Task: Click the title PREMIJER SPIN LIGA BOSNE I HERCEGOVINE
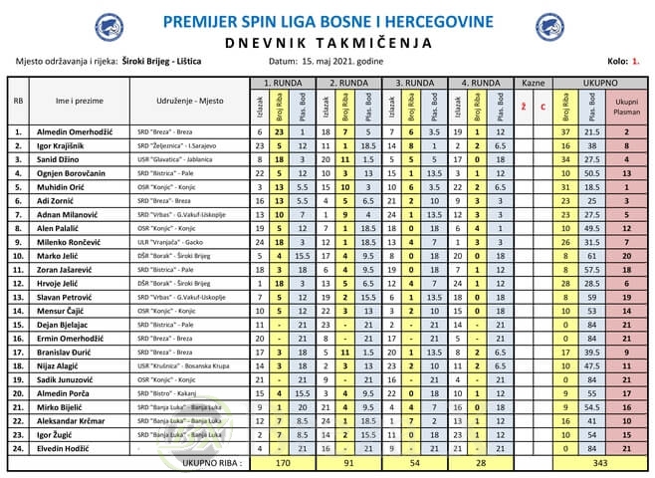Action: [327, 21]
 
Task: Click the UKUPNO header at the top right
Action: [600, 83]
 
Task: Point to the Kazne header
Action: [534, 83]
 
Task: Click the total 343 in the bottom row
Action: [600, 462]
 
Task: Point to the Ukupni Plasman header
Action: [626, 106]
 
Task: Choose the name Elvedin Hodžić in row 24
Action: [68, 449]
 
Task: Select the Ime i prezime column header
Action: [76, 102]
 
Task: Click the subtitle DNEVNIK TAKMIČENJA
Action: [327, 42]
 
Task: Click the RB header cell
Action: [18, 102]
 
